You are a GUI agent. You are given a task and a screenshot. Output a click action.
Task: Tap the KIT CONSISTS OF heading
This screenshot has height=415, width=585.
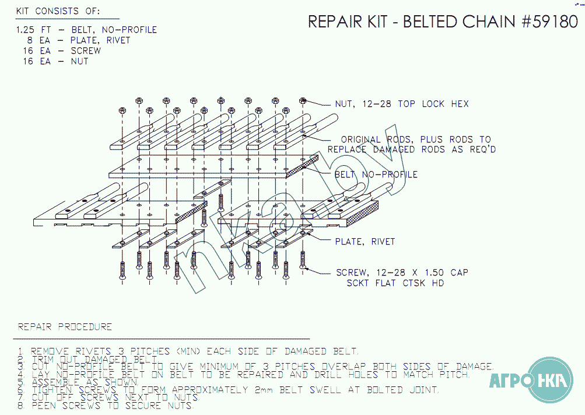tap(58, 11)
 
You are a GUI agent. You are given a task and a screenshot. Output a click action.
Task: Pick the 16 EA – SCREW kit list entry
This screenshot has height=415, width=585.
tap(62, 51)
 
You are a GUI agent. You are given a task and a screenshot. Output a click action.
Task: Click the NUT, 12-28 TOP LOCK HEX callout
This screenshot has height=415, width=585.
tap(401, 104)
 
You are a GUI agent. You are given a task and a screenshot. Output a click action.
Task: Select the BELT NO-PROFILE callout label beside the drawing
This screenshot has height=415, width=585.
tap(376, 175)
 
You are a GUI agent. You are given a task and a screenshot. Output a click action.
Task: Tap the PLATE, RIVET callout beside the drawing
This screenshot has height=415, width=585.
tap(365, 242)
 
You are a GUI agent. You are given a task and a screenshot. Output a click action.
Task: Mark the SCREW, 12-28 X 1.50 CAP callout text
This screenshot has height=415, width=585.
tap(402, 273)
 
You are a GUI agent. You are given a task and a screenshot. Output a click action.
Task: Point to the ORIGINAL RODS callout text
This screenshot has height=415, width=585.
tap(415, 140)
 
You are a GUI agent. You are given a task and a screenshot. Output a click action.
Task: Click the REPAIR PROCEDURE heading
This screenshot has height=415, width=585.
tap(65, 327)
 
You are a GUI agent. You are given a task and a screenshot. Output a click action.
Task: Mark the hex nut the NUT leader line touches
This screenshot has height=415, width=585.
tap(303, 100)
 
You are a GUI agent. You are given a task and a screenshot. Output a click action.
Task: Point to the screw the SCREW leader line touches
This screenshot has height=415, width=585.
tap(303, 260)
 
